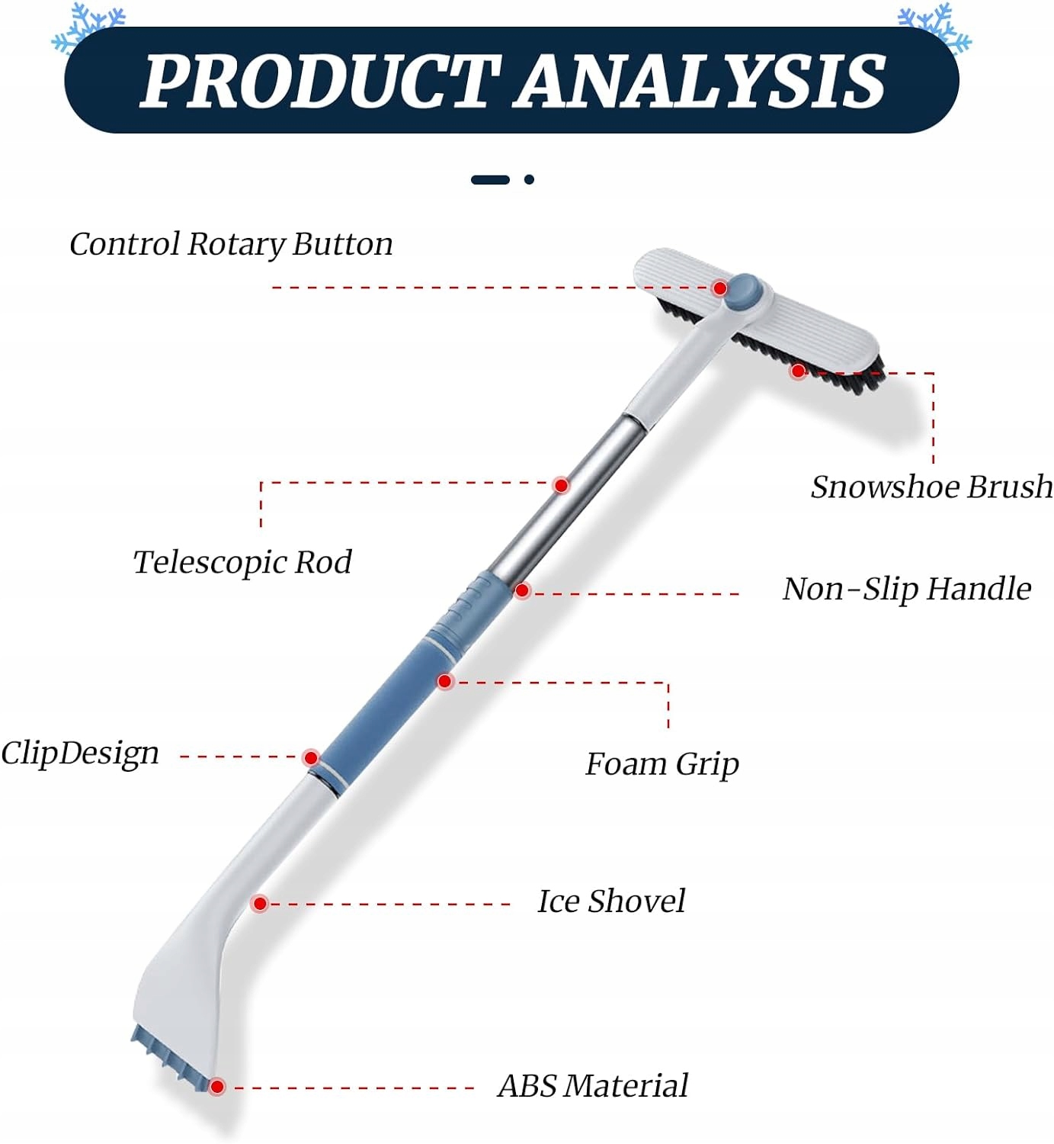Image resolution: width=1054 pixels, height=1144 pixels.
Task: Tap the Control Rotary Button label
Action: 231,244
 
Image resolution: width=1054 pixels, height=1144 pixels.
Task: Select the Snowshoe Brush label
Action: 931,487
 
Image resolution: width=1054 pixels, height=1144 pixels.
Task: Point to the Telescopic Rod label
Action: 242,562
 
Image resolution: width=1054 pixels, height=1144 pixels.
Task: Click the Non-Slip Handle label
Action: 907,589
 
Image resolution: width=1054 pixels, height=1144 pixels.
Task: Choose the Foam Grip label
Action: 662,763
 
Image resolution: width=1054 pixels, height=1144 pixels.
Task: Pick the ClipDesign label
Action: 80,754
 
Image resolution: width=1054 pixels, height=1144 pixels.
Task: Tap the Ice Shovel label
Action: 611,901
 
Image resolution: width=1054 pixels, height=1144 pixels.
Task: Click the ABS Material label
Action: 593,1085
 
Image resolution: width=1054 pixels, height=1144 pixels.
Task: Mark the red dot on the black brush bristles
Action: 798,371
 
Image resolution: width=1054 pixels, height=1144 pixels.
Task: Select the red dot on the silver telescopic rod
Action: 562,485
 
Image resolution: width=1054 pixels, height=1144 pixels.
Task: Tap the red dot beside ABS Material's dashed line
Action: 217,1086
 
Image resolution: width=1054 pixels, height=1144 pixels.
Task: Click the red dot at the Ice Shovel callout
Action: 260,904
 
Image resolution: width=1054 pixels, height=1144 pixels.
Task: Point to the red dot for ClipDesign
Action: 310,757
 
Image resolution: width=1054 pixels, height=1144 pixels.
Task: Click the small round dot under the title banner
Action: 529,180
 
